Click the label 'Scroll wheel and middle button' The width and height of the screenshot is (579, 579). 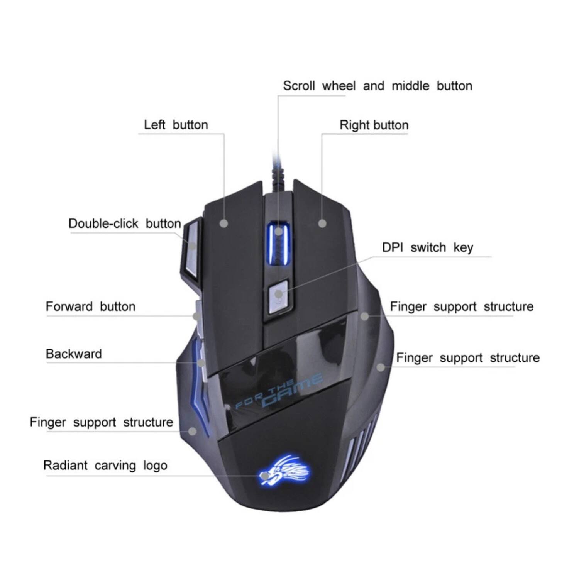coord(377,86)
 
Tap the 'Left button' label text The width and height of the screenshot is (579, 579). coord(176,125)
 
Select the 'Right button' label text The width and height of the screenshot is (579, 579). coord(374,125)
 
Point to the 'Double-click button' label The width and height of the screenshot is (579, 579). coord(125,223)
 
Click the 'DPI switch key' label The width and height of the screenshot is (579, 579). coord(427,247)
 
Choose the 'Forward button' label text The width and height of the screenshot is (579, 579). coord(90,306)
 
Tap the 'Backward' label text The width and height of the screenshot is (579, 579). coord(74,354)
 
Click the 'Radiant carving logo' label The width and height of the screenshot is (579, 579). coord(105,466)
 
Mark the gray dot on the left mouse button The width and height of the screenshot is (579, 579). coord(224,223)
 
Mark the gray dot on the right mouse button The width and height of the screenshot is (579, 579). coord(322,223)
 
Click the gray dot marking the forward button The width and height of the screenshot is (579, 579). coord(196,317)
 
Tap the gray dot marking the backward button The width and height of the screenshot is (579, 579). coord(201,363)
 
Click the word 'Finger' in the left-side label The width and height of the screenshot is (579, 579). coord(48,422)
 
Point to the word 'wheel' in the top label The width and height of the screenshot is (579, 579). coord(339,86)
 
